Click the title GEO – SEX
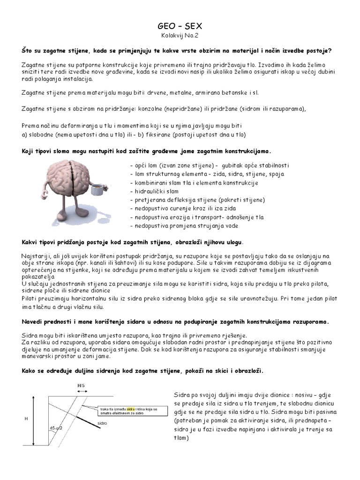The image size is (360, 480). click(180, 28)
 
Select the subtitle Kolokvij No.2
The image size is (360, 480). click(180, 36)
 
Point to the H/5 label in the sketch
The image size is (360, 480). click(81, 385)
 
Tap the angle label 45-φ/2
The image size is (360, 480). click(56, 428)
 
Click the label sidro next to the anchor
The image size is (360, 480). click(102, 423)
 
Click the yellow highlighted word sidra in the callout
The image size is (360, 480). click(131, 409)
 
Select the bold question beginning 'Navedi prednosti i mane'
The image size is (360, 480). click(175, 322)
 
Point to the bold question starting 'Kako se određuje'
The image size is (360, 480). click(142, 370)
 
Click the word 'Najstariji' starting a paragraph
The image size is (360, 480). click(36, 255)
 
